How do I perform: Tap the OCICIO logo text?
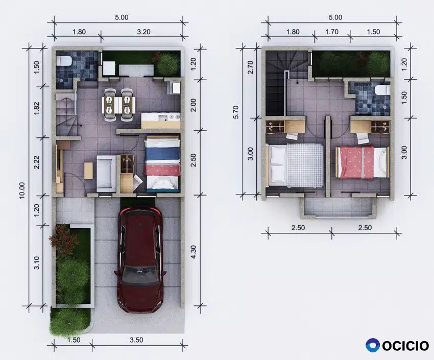[x=405, y=346]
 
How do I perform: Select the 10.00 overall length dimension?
[x=22, y=190]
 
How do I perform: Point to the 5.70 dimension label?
[x=236, y=112]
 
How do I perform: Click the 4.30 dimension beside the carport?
[x=194, y=252]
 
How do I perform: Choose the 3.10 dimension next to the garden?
[x=36, y=263]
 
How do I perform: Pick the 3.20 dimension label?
[x=143, y=32]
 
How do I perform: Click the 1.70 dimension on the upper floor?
[x=331, y=32]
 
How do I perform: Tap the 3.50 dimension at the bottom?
[x=136, y=340]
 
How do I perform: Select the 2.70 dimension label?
[x=250, y=67]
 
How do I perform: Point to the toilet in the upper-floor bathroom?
[x=382, y=90]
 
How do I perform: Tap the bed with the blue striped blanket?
[x=162, y=164]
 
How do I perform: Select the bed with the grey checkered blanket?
[x=294, y=165]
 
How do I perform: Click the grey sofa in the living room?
[x=106, y=174]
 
